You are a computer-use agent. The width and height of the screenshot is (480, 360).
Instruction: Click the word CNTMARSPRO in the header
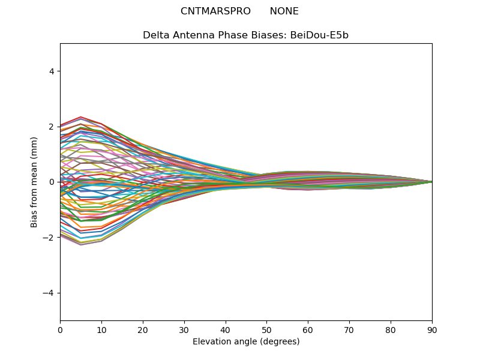pos(215,11)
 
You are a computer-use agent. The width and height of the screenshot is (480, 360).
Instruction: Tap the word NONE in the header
pos(284,11)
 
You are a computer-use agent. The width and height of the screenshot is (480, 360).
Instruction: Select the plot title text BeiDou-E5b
pos(319,35)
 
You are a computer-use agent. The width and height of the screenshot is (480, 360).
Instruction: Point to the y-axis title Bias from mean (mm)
pos(34,182)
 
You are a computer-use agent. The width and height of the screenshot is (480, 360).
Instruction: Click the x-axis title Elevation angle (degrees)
pos(246,341)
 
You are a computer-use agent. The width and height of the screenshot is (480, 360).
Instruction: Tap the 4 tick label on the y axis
pos(52,71)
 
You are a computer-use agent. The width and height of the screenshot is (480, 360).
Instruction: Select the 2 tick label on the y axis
pos(52,127)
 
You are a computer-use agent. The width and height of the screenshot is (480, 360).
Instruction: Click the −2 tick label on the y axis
pos(49,238)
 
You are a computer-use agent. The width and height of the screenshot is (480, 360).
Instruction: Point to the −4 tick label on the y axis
pos(49,293)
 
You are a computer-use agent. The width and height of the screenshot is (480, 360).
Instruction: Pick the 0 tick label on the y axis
pos(52,182)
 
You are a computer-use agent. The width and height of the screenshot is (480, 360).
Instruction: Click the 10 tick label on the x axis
pos(101,331)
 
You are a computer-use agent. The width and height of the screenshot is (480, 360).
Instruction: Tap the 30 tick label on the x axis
pos(184,331)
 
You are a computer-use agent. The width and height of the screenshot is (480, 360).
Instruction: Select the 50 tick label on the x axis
pos(267,331)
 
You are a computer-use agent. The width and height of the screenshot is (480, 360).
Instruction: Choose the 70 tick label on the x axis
pos(349,331)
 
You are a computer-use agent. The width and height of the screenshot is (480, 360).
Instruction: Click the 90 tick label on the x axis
pos(432,331)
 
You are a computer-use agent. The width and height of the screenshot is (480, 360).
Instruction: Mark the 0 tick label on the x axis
pos(61,331)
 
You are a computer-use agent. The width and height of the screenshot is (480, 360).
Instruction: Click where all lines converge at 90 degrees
pos(432,182)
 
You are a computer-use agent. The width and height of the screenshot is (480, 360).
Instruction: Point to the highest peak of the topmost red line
pos(81,117)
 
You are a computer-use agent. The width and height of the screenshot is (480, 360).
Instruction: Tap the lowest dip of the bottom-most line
pos(81,245)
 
